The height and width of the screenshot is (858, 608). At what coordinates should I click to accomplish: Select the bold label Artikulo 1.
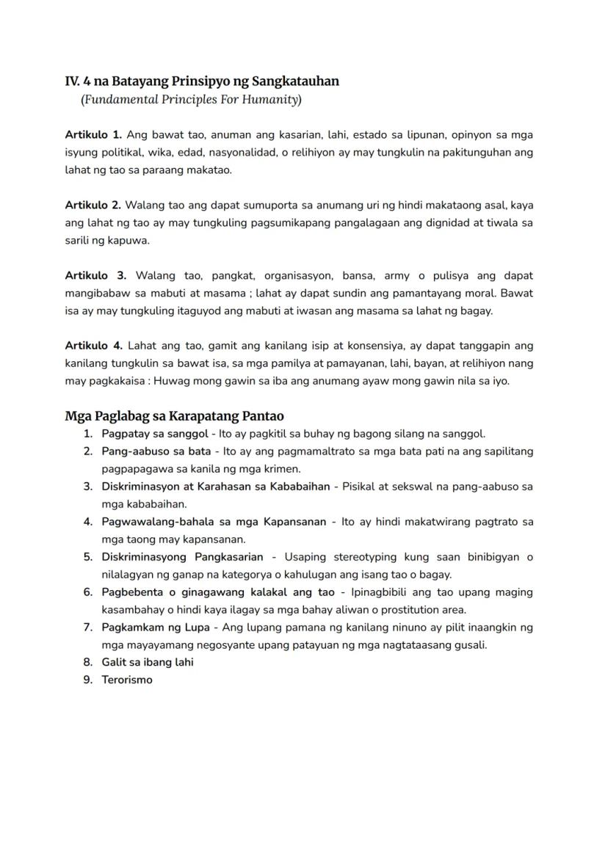[x=93, y=135]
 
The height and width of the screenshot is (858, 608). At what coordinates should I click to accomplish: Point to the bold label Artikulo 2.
[x=93, y=205]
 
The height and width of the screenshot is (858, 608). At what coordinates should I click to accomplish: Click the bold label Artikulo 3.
[x=95, y=275]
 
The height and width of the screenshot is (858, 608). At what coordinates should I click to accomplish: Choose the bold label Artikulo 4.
[x=93, y=345]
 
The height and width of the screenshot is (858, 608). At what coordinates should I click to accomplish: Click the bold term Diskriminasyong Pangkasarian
[x=182, y=557]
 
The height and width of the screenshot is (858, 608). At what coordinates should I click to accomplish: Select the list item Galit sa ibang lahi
[x=148, y=662]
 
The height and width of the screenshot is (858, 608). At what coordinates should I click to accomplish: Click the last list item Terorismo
[x=127, y=680]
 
